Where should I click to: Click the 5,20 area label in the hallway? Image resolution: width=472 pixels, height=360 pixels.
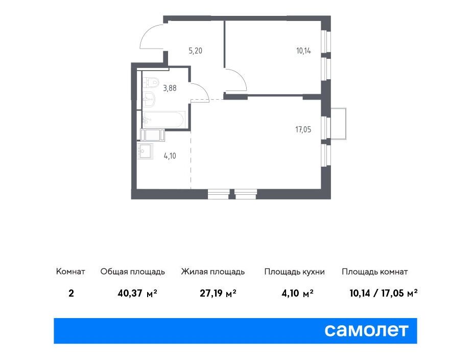coord(195,51)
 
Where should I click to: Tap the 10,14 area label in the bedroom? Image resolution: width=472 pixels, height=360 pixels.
coord(303,51)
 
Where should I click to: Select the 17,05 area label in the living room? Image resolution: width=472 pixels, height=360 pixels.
coord(303,129)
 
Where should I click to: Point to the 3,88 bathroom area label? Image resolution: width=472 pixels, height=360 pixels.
coord(170,88)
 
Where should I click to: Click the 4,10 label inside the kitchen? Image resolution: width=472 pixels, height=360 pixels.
coord(170,156)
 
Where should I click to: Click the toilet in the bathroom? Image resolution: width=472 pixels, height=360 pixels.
coord(151,82)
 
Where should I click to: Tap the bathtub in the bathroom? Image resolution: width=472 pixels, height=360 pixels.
coord(163,120)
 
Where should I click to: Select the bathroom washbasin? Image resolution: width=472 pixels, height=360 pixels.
coord(149,99)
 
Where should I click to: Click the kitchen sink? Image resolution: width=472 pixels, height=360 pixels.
coord(146,151)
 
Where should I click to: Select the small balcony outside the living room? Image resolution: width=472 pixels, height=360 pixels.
coord(338,124)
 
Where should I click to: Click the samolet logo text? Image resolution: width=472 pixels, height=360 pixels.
coord(366,330)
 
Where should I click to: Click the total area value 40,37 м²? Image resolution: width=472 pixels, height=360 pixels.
coord(137,293)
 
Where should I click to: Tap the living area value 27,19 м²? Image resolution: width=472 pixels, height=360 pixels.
coord(218,293)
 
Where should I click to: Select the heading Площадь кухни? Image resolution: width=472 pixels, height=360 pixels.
coord(294,272)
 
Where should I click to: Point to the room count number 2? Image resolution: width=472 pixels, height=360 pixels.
coord(71,293)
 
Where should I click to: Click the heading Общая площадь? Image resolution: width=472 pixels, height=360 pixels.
coord(132,272)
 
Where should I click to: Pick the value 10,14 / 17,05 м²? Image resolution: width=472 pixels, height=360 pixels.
coord(384,293)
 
